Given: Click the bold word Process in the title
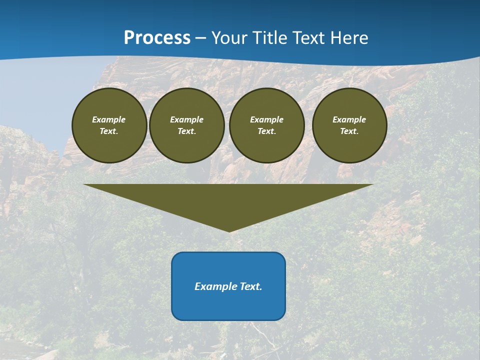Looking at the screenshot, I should click(x=157, y=38).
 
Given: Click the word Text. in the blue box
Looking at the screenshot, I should click(x=249, y=286).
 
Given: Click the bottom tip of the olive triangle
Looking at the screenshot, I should click(x=229, y=230).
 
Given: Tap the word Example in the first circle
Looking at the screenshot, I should click(x=109, y=119).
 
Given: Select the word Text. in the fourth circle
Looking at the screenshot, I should click(x=349, y=131).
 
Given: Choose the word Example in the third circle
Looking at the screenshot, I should click(x=266, y=119).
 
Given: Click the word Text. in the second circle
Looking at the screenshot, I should click(x=186, y=131).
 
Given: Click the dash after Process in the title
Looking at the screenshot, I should click(x=201, y=38).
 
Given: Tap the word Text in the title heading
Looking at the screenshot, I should click(x=309, y=38).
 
